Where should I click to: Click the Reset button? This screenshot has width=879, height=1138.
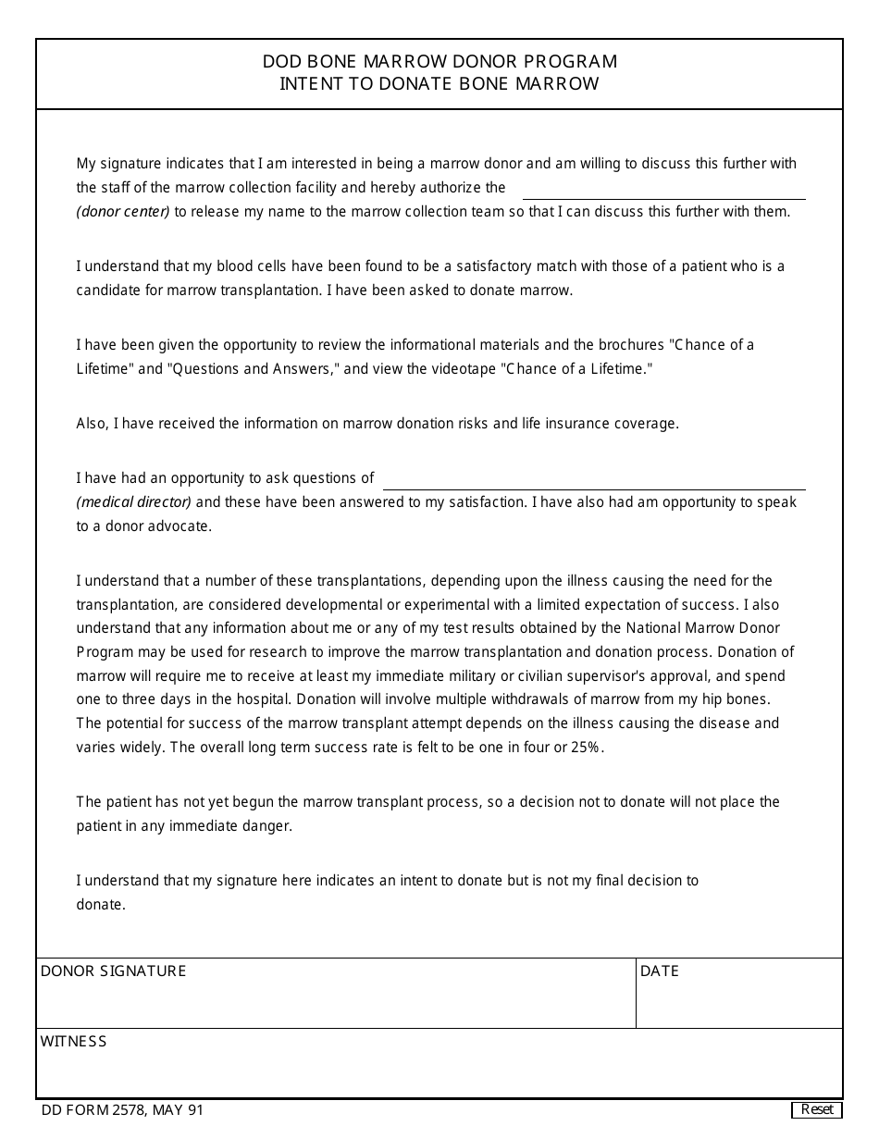[817, 1109]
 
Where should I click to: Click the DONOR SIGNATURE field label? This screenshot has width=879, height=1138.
[113, 971]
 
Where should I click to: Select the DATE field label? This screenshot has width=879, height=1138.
[660, 971]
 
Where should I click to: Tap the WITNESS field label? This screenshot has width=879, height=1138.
[73, 1041]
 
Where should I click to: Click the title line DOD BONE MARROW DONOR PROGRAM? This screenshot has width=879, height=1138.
[439, 62]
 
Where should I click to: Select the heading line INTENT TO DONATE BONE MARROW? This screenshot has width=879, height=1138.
[439, 84]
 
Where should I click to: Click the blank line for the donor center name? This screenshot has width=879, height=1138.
[663, 191]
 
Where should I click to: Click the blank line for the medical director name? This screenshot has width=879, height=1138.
[594, 481]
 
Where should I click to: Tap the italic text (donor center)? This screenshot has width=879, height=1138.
[123, 212]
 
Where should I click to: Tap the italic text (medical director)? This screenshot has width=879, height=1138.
[134, 502]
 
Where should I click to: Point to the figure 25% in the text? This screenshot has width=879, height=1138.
[587, 748]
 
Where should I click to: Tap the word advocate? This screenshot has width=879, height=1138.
[181, 526]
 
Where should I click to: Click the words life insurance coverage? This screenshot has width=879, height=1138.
[602, 424]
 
